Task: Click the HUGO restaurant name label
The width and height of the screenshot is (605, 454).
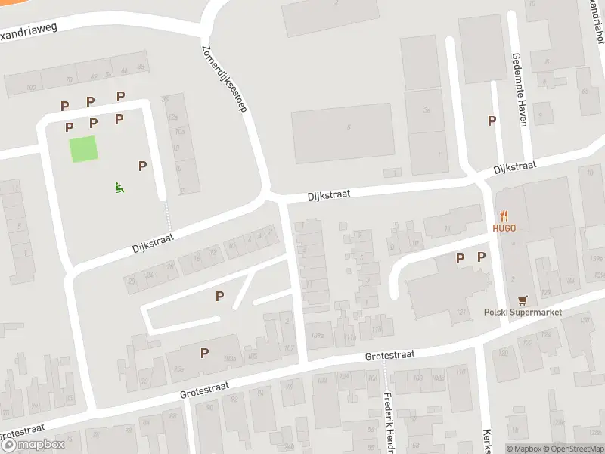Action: pyautogui.click(x=504, y=228)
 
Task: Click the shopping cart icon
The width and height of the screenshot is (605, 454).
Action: pyautogui.click(x=521, y=300)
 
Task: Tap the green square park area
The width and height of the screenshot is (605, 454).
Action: pyautogui.click(x=84, y=148)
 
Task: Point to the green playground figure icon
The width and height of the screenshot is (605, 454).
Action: pyautogui.click(x=119, y=187)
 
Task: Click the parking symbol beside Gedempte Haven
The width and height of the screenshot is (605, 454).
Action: pyautogui.click(x=492, y=120)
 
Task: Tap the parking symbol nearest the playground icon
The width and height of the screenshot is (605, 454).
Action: pyautogui.click(x=141, y=166)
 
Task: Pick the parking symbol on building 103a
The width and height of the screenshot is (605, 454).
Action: pyautogui.click(x=204, y=352)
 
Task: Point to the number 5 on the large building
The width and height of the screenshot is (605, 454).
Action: pyautogui.click(x=349, y=127)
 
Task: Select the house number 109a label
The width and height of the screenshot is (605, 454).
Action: pyautogui.click(x=318, y=335)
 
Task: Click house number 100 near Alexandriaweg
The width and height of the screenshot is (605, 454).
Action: pyautogui.click(x=31, y=88)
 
